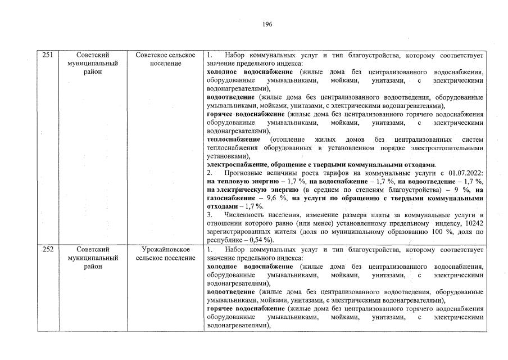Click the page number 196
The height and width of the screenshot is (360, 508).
click(267, 25)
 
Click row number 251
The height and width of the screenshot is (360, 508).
click(48, 55)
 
